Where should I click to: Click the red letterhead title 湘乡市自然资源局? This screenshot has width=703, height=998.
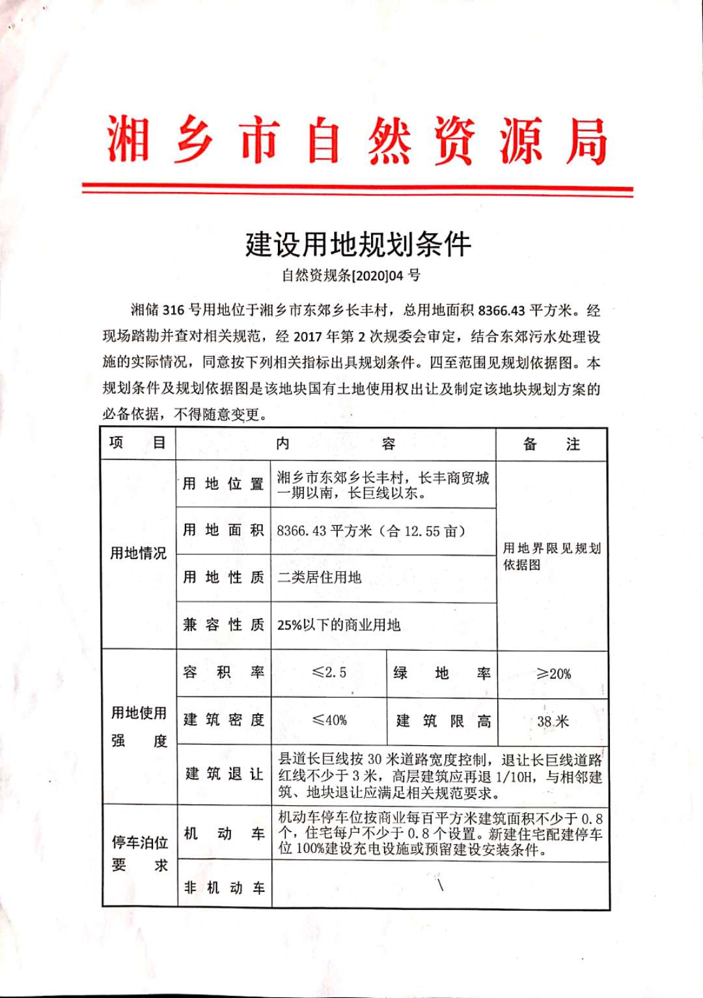(x=357, y=141)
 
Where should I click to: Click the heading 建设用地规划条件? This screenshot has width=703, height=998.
(x=358, y=244)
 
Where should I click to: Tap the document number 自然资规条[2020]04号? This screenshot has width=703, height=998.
(x=351, y=276)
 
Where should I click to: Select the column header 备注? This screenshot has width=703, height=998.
(x=551, y=444)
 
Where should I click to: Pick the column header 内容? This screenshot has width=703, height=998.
(x=335, y=444)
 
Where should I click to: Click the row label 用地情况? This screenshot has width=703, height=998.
(x=138, y=553)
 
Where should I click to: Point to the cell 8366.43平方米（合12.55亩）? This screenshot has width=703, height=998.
(x=371, y=531)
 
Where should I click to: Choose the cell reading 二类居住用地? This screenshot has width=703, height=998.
(x=319, y=577)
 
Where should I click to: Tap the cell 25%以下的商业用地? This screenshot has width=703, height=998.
(x=338, y=625)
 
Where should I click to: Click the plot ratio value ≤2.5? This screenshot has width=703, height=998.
(x=329, y=672)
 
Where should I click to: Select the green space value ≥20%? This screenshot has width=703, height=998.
(x=553, y=674)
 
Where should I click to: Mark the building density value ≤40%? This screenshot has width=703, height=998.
(x=329, y=720)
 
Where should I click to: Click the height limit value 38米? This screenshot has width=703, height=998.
(x=553, y=721)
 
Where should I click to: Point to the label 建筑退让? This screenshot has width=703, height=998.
(x=224, y=774)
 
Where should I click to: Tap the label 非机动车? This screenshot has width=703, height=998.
(x=224, y=887)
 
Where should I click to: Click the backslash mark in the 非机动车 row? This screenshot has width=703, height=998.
(x=441, y=885)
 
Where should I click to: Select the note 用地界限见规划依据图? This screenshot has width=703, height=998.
(x=551, y=556)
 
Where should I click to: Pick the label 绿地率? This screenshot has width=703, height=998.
(x=442, y=673)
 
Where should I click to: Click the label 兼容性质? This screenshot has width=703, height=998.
(x=223, y=625)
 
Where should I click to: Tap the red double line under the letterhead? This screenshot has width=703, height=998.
(x=357, y=190)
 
